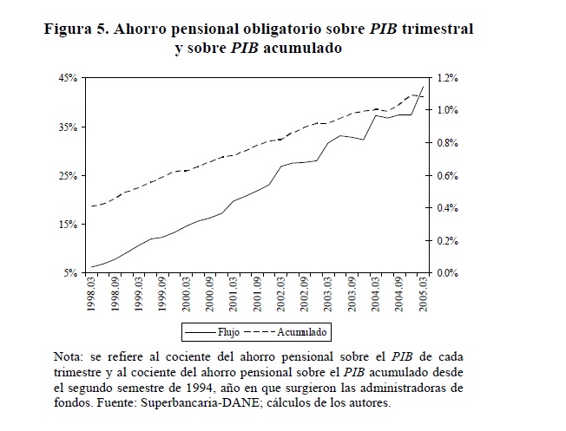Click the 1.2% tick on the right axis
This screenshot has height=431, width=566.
pos(448,78)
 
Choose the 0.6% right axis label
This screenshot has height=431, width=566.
pos(448,176)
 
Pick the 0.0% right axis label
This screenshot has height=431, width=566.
pos(448,273)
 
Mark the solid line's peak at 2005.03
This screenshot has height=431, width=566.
pos(423,87)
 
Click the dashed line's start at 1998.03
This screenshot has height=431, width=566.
pos(91,206)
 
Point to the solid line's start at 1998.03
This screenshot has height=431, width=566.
pos(91,267)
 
